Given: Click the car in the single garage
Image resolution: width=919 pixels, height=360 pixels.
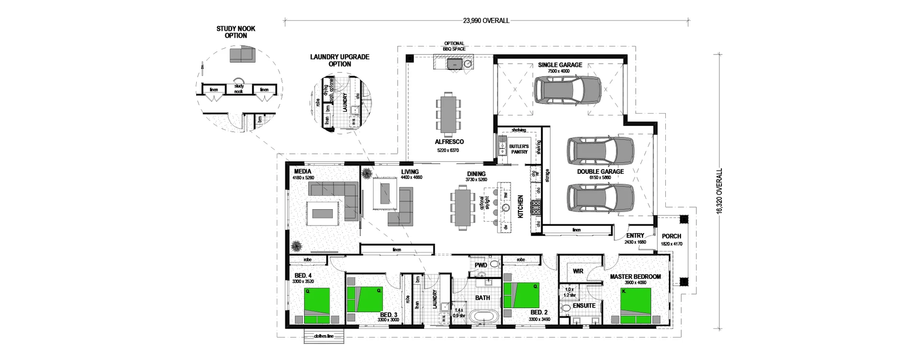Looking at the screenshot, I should (567, 90).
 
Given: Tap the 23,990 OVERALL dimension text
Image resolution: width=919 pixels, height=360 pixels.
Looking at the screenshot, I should (486, 21).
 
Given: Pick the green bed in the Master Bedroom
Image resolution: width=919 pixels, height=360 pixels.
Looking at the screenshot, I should (636, 305).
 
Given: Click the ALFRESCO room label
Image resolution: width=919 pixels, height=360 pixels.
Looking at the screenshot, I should (449, 142).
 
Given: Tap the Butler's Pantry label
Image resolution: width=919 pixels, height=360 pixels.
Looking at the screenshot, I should (519, 149).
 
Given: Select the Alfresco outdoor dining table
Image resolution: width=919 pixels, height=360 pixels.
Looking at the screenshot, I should (448, 114).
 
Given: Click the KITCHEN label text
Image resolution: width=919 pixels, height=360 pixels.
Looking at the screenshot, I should (521, 206).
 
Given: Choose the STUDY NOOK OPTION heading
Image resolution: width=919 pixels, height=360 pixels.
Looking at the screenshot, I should (236, 32).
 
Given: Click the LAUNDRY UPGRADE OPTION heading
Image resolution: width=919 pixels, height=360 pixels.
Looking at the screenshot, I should (339, 60).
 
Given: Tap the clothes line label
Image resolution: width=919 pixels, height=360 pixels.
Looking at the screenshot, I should (324, 336).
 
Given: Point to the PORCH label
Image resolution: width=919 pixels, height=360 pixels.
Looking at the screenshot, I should (672, 236).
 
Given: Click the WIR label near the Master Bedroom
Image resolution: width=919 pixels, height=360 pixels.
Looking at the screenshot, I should (578, 271).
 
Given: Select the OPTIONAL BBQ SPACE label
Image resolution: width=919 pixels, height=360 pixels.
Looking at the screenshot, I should (454, 46).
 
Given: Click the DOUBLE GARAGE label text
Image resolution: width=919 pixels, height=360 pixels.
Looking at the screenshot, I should (600, 171).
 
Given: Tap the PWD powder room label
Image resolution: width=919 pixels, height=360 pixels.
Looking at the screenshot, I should (481, 265).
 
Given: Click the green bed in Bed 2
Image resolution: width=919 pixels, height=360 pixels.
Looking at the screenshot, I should (521, 295).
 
